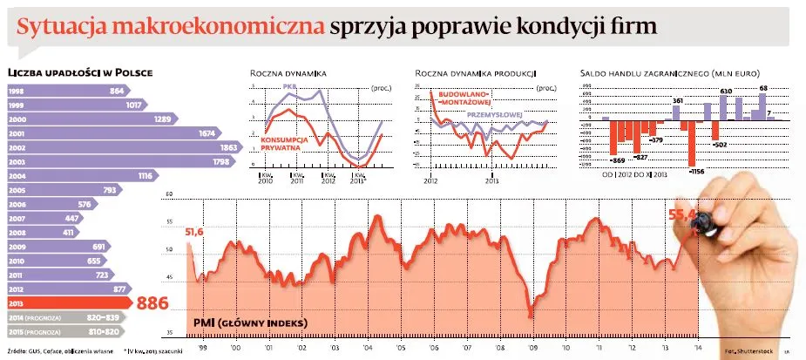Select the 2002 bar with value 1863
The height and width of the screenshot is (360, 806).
[x=122, y=148]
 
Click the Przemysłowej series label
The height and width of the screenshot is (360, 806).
[x=493, y=114]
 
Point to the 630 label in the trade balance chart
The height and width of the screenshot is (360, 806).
[x=725, y=91]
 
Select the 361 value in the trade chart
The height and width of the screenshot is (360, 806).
[x=678, y=103]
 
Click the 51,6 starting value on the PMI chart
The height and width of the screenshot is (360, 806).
[x=193, y=231]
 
